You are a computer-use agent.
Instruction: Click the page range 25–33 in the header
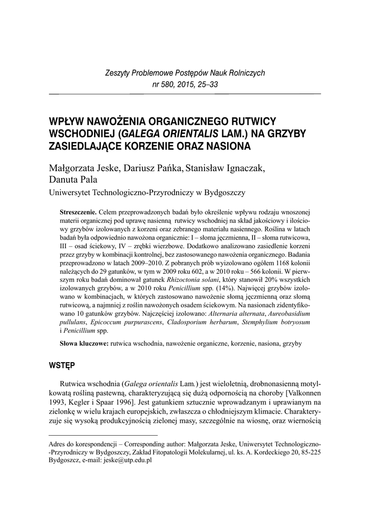206,85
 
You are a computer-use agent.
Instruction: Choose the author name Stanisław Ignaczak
229,169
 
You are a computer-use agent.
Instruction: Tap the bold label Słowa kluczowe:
84,344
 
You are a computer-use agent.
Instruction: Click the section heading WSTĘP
62,367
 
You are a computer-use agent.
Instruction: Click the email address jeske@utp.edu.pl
128,460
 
